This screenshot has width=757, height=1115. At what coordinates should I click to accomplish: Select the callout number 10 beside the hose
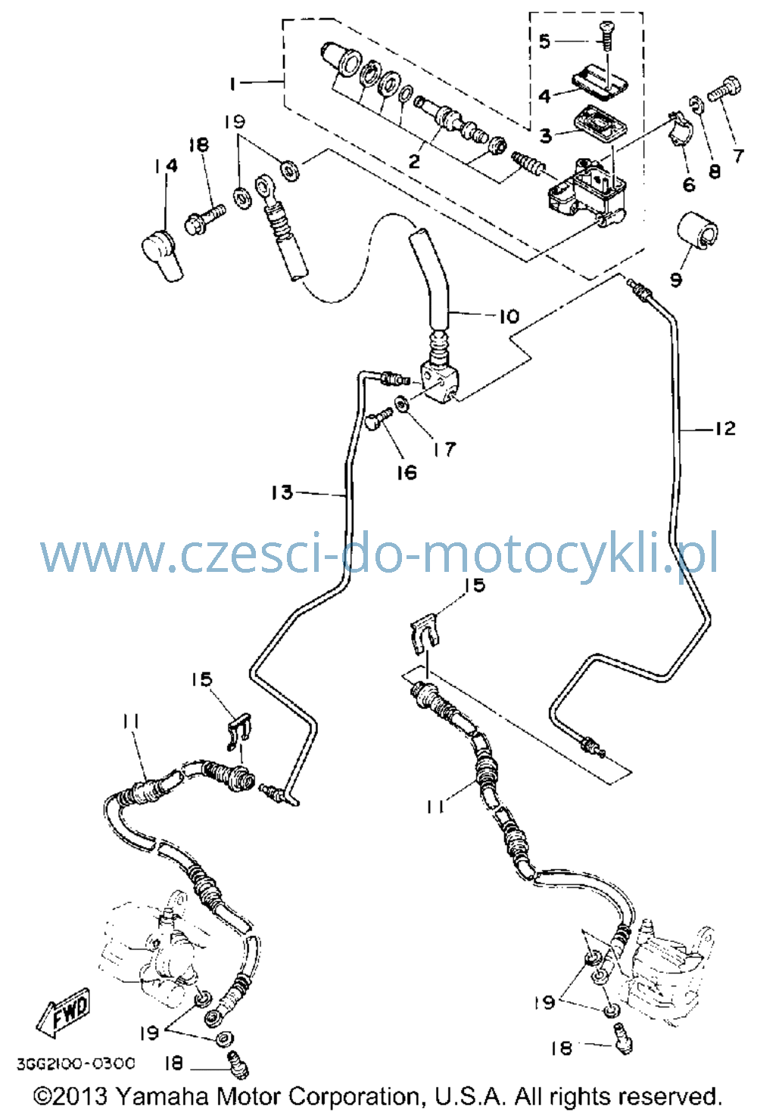click(x=509, y=316)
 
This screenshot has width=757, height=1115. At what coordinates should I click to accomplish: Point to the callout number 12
click(x=725, y=428)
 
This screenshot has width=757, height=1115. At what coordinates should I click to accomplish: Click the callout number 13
click(x=282, y=492)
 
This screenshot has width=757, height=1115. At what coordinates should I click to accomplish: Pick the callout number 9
click(x=675, y=280)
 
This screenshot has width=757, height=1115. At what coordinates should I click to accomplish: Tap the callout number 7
click(x=737, y=156)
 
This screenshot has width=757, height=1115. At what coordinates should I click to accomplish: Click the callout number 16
click(x=407, y=472)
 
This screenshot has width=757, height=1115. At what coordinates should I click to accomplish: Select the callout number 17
click(x=444, y=449)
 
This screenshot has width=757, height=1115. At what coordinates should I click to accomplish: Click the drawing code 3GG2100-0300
click(x=76, y=1064)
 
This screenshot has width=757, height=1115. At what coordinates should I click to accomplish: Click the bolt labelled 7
click(x=724, y=89)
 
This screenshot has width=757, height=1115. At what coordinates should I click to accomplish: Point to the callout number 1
click(x=232, y=84)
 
